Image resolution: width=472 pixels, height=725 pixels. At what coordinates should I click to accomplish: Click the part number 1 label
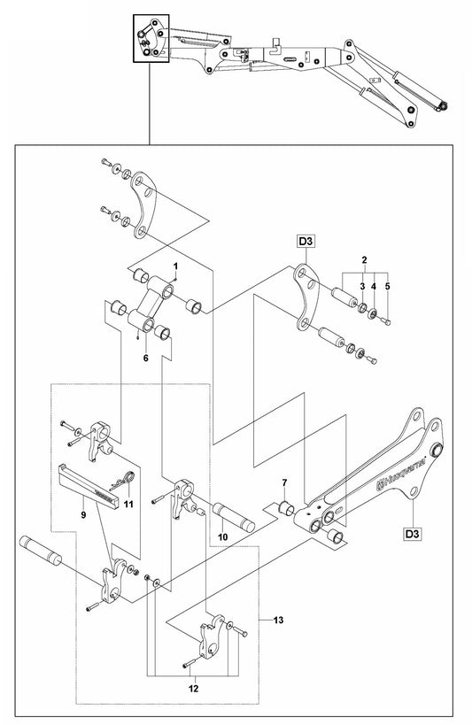175,266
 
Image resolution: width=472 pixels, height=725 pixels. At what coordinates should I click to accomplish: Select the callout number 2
365,259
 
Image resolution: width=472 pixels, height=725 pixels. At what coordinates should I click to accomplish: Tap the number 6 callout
146,358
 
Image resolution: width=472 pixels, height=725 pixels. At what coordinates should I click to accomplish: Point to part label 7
284,482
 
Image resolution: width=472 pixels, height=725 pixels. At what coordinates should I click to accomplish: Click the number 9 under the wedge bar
83,514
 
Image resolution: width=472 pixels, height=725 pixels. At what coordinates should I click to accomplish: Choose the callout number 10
223,537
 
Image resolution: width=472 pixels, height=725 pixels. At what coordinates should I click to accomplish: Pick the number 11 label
128,504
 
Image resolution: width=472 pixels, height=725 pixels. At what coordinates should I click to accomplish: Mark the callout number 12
193,689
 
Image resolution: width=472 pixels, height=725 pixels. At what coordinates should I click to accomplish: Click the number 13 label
278,620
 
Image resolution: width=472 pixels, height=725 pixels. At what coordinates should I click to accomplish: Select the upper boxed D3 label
306,241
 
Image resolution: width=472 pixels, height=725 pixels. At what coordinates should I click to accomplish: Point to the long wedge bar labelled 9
89,486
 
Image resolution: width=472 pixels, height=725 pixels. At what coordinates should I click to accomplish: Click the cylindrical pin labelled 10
234,517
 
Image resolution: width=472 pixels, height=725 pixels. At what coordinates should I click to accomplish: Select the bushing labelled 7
286,507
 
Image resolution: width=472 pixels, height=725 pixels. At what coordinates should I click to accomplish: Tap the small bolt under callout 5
385,320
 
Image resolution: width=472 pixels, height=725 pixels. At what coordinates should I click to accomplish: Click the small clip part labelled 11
123,480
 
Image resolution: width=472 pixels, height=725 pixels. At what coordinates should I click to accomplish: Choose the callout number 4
374,286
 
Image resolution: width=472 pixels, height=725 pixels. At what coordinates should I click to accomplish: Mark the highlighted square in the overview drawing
151,38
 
